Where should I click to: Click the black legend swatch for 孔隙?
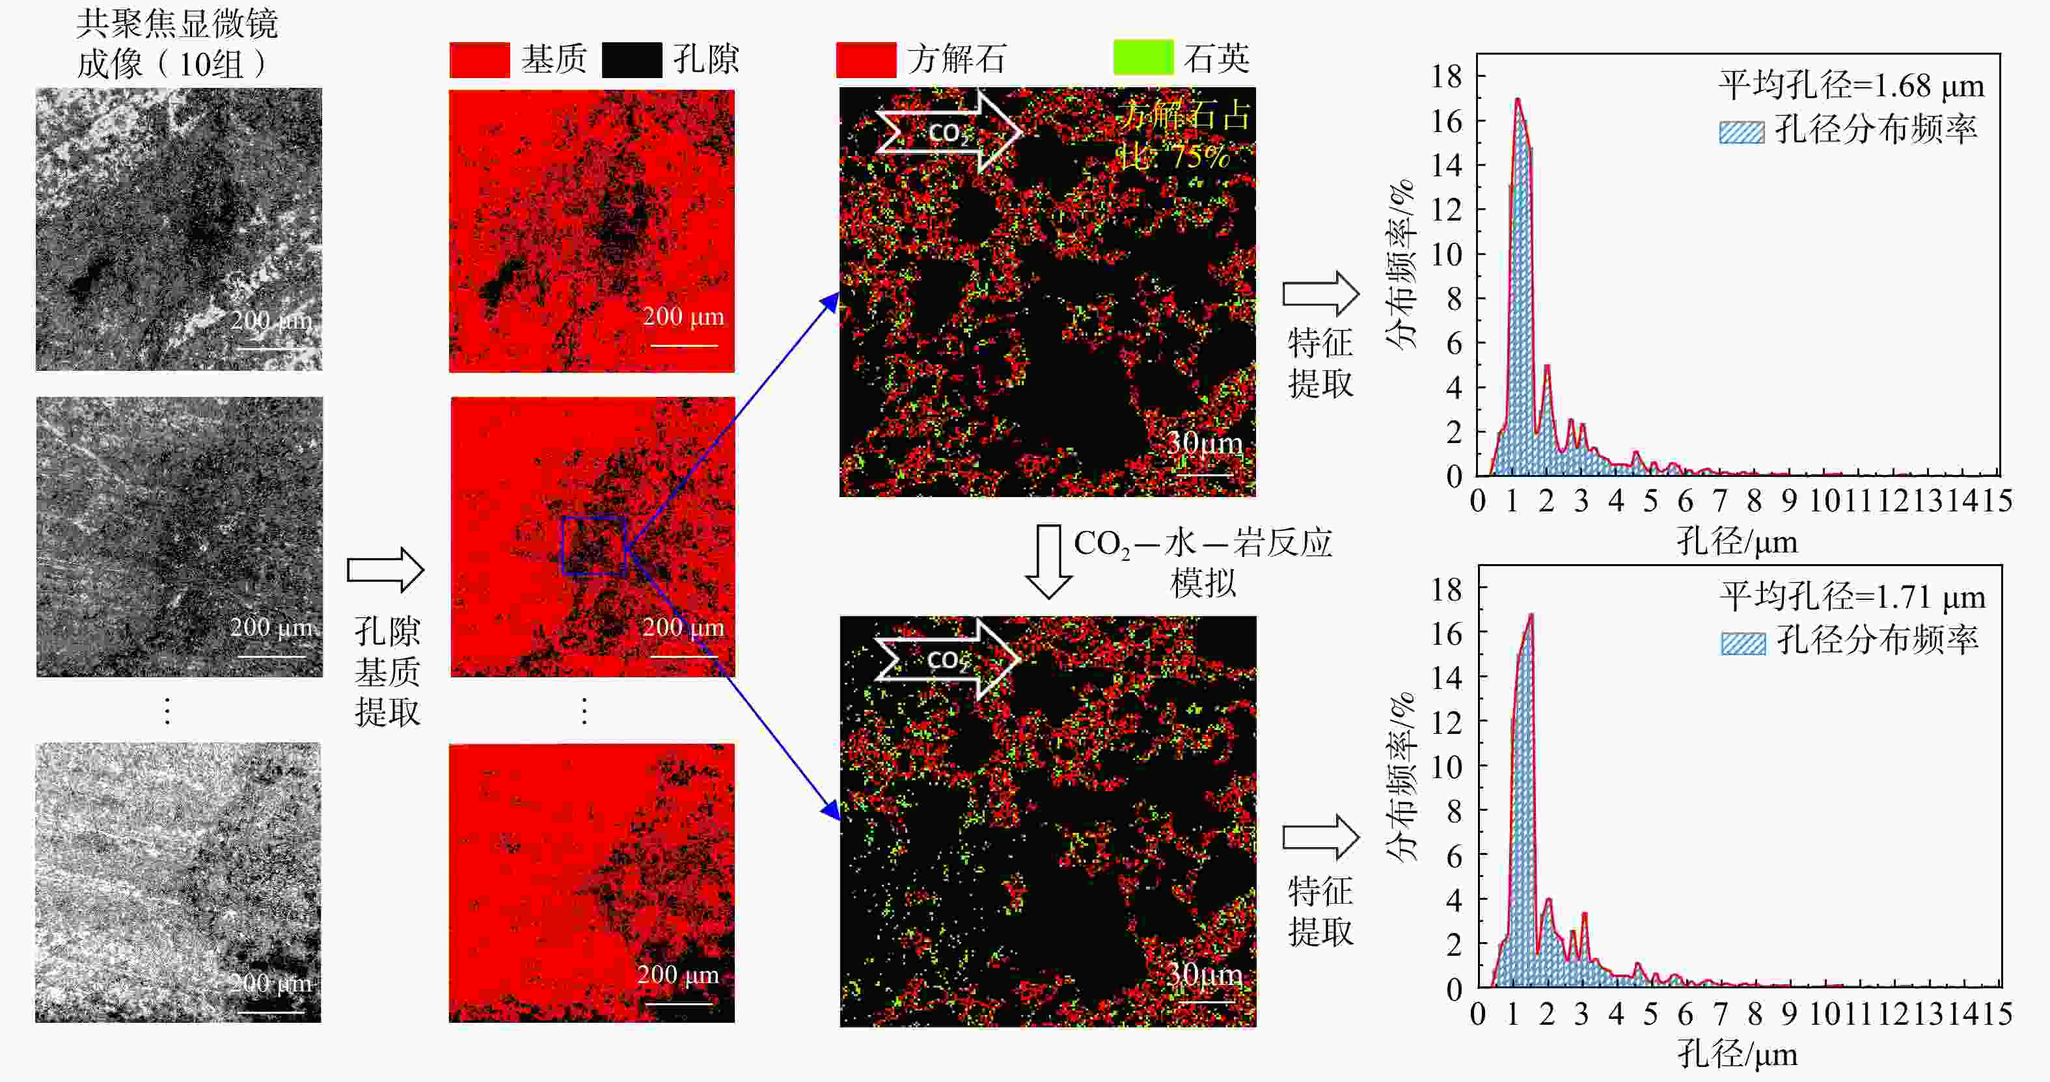point(631,60)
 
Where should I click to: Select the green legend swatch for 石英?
point(1143,57)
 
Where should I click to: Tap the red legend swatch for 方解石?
point(866,60)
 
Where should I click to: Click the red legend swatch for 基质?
point(479,60)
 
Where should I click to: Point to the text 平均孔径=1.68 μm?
point(1851,86)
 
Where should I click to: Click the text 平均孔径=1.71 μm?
point(1853,597)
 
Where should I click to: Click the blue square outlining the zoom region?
point(594,546)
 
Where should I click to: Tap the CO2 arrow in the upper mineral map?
point(948,131)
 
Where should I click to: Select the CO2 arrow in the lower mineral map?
point(947,658)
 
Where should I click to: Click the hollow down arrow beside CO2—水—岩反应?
point(1048,561)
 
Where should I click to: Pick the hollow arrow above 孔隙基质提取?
point(385,570)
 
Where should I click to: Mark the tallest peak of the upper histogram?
point(1518,100)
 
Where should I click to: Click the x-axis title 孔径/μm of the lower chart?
point(1737,1055)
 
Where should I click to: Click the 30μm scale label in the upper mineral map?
point(1204,444)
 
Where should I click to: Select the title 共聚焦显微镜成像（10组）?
point(176,44)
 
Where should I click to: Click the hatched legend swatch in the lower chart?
point(1743,643)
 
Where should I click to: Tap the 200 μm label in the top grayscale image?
point(271,321)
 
